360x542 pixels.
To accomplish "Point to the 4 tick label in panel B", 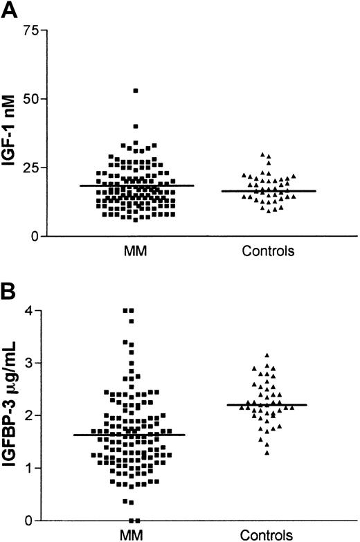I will click(31, 310).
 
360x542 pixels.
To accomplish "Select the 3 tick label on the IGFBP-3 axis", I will click(31, 363).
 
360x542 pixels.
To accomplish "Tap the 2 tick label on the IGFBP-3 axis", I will click(31, 415).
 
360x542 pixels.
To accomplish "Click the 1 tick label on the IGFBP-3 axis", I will click(31, 468).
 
